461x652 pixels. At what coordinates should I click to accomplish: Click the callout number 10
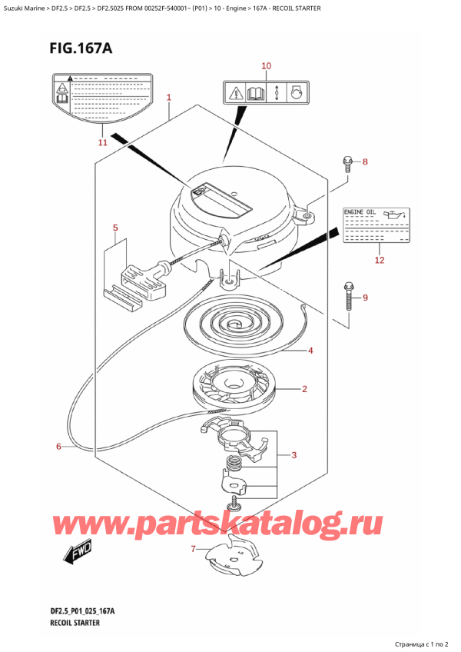pos(266,66)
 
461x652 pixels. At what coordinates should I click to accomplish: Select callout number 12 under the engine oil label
pos(379,261)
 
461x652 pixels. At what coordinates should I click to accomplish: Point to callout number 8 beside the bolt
pos(365,162)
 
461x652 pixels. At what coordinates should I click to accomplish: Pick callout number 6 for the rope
pos(59,446)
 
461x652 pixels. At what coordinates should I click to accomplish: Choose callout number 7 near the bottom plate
pos(194,548)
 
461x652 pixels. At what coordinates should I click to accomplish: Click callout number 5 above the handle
pos(115,228)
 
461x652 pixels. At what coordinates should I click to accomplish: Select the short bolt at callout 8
pos(346,164)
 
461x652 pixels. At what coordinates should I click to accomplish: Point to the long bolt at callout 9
pos(348,295)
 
